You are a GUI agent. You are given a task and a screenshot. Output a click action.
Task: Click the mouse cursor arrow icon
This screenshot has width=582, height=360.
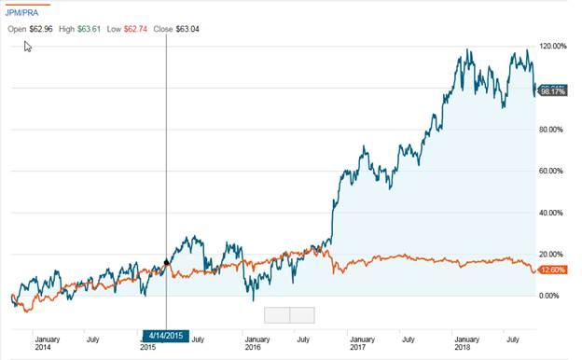28,46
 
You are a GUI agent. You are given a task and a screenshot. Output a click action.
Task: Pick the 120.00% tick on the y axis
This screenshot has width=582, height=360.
553,46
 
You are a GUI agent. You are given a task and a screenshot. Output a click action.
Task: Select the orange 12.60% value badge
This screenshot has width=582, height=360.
552,270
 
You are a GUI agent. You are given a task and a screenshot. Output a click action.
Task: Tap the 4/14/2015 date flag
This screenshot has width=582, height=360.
165,335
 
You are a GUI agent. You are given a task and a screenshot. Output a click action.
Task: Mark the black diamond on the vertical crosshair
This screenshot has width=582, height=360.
166,263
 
